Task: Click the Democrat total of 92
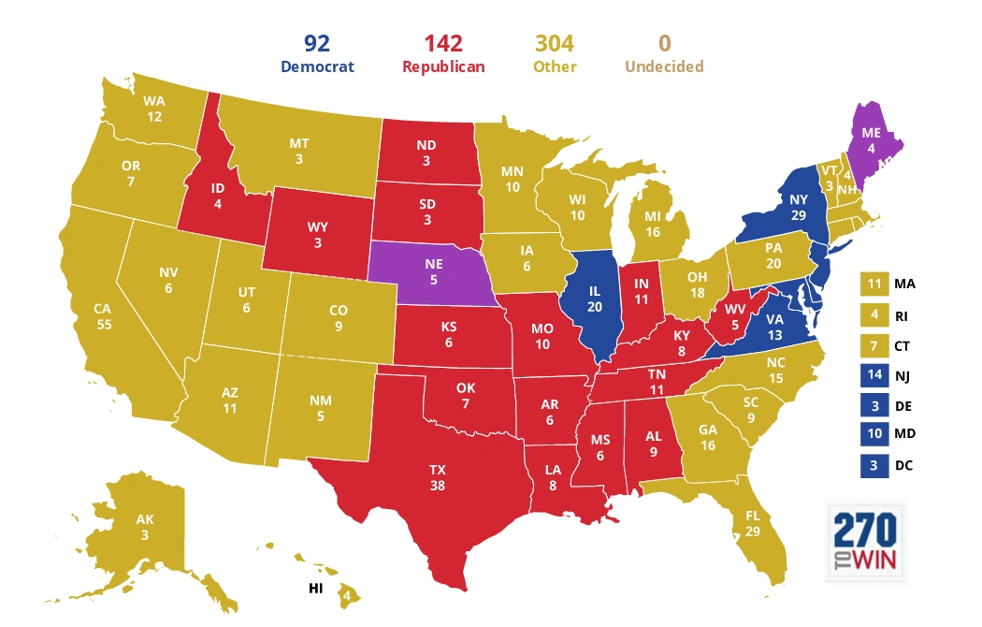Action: coord(317,43)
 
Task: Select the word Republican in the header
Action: coord(442,66)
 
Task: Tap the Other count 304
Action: coord(555,43)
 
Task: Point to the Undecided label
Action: coord(664,66)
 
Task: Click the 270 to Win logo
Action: coord(866,542)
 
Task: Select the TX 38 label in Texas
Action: coord(437,477)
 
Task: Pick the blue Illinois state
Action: coord(593,299)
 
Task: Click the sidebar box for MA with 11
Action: coord(874,284)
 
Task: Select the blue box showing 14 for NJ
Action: coord(874,375)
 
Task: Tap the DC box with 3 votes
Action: coord(874,465)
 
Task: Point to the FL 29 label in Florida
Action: coord(753,524)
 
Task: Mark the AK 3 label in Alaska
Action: coord(144,527)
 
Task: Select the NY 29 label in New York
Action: coord(798,208)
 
